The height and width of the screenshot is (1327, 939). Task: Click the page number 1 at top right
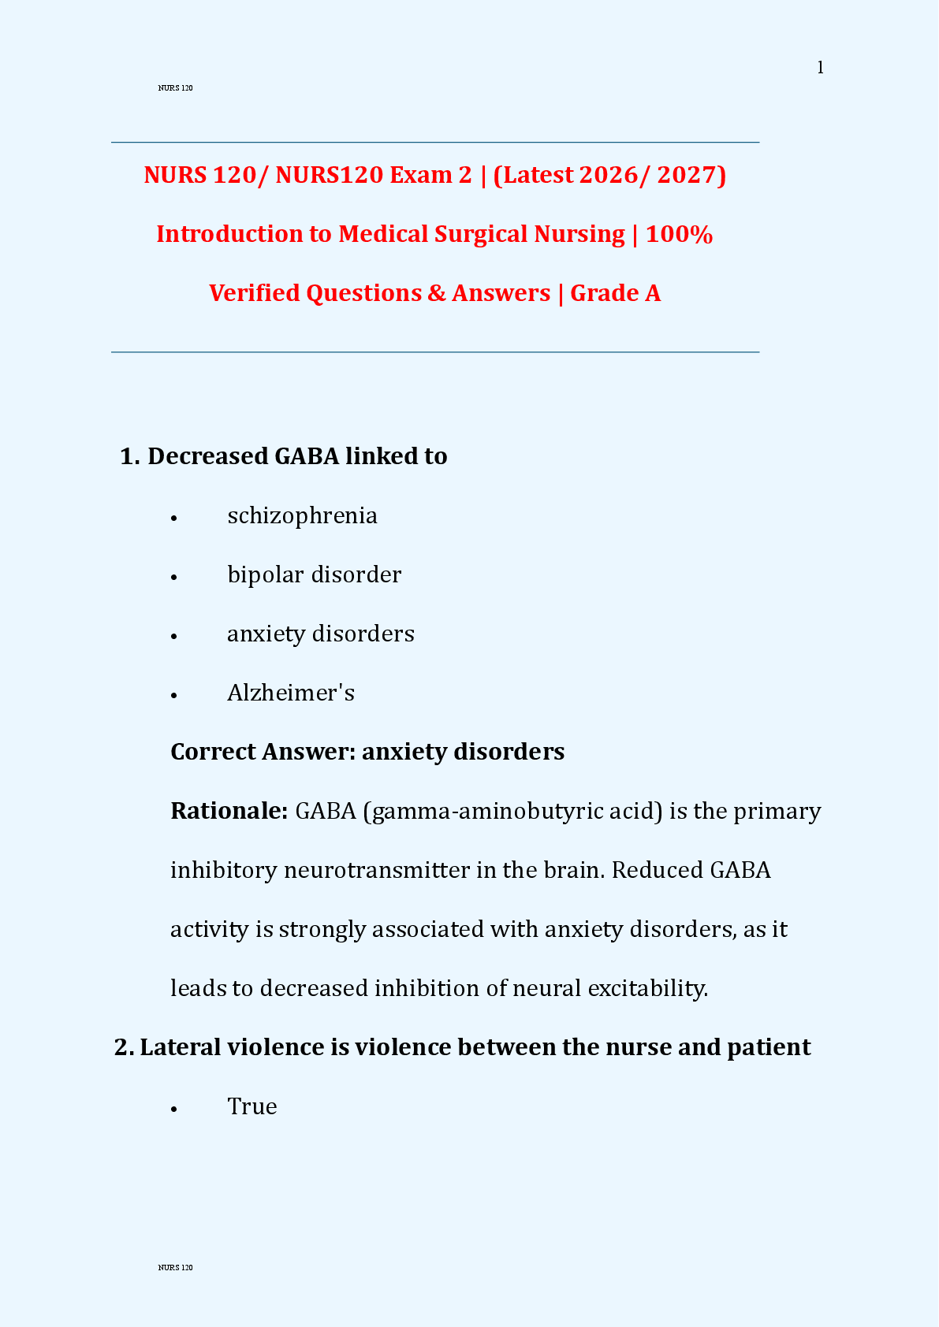pyautogui.click(x=820, y=68)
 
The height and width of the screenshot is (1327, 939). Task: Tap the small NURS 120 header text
pyautogui.click(x=175, y=88)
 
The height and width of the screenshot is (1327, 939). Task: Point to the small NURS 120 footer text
pyautogui.click(x=175, y=1268)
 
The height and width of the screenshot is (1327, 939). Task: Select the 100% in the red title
pyautogui.click(x=679, y=234)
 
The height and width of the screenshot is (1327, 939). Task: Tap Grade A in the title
pyautogui.click(x=615, y=293)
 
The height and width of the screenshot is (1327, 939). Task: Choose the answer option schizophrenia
pyautogui.click(x=302, y=515)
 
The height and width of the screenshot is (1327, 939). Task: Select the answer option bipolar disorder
pyautogui.click(x=314, y=574)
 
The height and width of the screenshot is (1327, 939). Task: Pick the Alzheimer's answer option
pyautogui.click(x=291, y=693)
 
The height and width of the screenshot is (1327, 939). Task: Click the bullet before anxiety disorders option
pyautogui.click(x=174, y=635)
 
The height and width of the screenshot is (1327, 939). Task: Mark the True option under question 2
pyautogui.click(x=252, y=1106)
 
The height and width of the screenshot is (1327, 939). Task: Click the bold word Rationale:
pyautogui.click(x=229, y=811)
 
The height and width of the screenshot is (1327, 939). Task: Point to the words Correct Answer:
pyautogui.click(x=263, y=752)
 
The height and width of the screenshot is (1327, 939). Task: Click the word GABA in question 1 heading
pyautogui.click(x=307, y=456)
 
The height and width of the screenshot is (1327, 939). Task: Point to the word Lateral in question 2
pyautogui.click(x=181, y=1047)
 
